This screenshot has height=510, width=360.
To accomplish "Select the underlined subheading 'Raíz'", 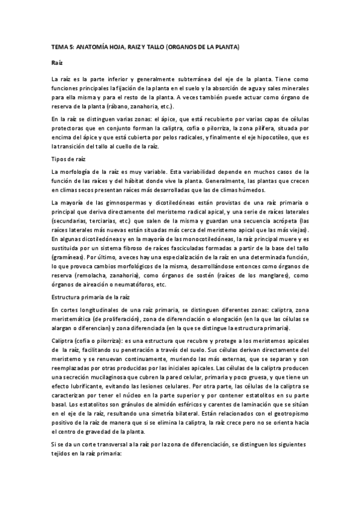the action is click(x=56, y=63).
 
